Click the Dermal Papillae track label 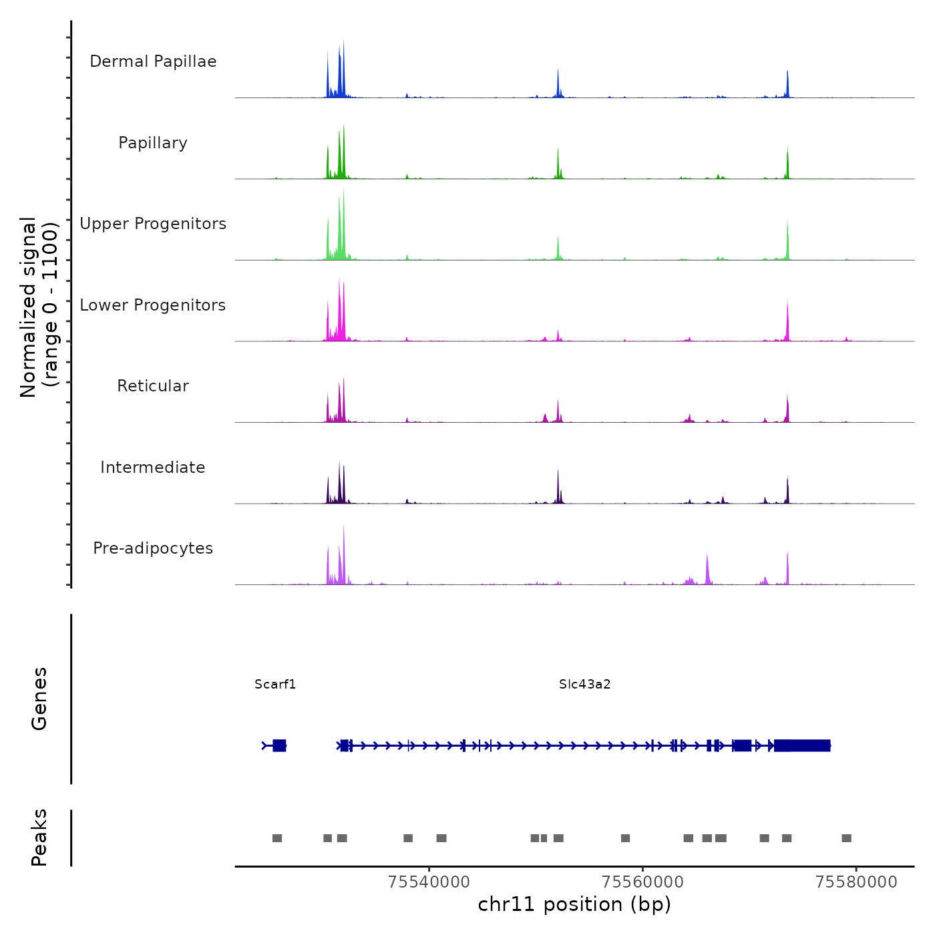[153, 61]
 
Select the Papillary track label [153, 143]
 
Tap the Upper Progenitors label [153, 224]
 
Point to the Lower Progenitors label [153, 305]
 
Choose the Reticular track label [153, 386]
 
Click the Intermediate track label [153, 467]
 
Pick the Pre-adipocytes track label [153, 548]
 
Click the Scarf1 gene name [275, 684]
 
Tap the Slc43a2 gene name [585, 684]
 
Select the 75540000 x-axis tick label [429, 882]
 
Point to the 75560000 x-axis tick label [643, 882]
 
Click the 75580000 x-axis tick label [856, 882]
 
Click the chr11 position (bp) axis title [574, 904]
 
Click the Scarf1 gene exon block [279, 745]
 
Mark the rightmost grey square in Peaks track [846, 838]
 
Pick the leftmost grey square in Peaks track [277, 838]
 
